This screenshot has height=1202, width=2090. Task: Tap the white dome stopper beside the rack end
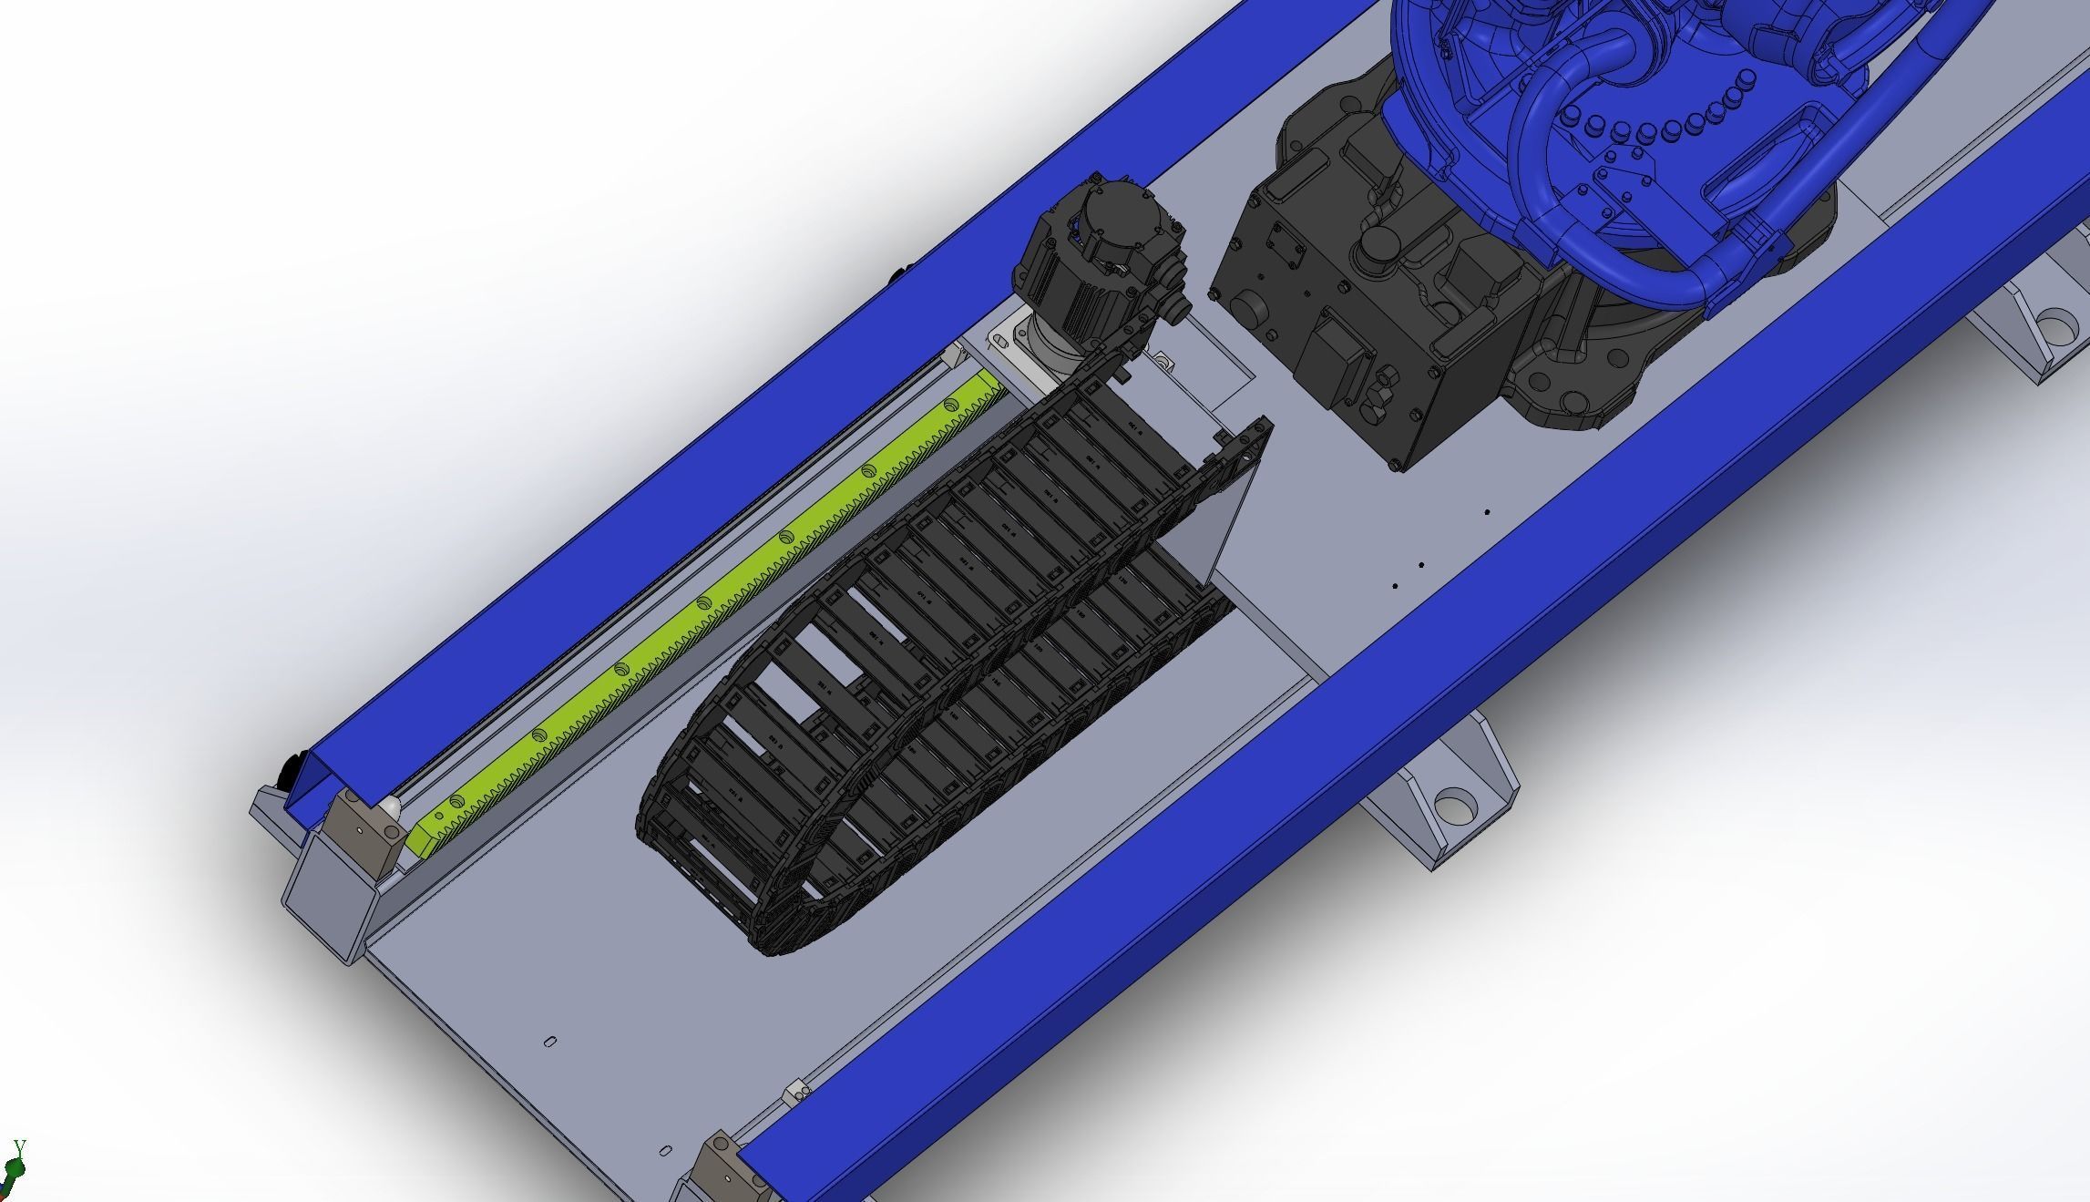(x=390, y=806)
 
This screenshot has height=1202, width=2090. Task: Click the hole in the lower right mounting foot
(x=1453, y=807)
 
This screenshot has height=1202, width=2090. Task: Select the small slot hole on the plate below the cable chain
(x=550, y=1041)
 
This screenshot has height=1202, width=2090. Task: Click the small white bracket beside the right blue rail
(x=798, y=1090)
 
